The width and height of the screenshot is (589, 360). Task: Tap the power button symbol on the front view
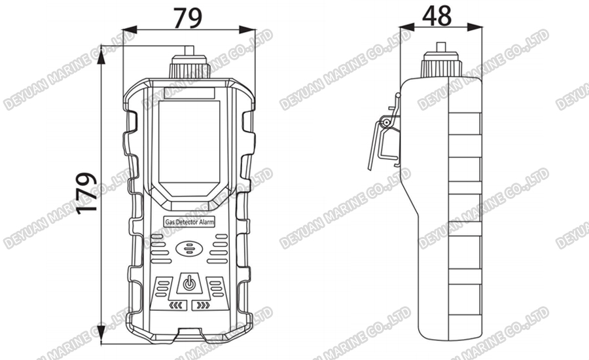(x=189, y=283)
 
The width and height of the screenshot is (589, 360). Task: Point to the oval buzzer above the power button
(x=190, y=249)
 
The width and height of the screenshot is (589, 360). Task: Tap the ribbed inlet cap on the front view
(x=189, y=66)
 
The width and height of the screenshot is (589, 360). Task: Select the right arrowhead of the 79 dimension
(x=250, y=30)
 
